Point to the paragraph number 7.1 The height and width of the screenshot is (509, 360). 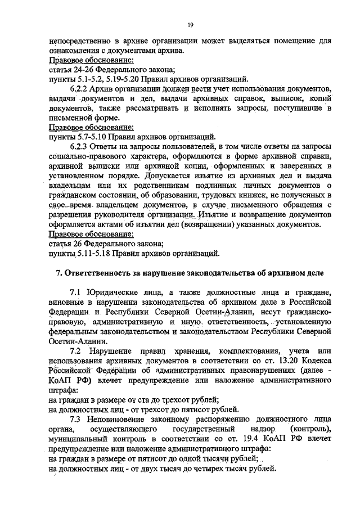pyautogui.click(x=76, y=292)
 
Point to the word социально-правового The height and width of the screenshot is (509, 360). pyautogui.click(x=87, y=156)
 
